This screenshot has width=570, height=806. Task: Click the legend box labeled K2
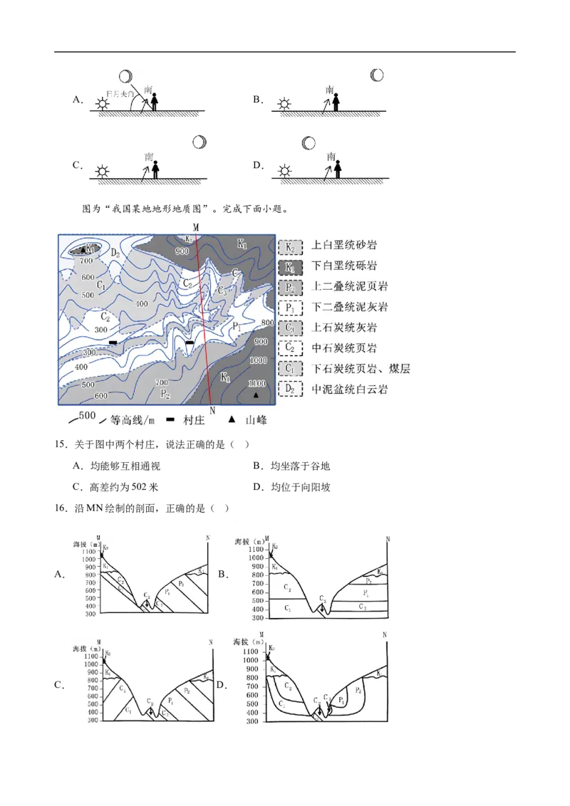coord(290,246)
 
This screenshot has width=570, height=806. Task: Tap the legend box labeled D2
coord(290,389)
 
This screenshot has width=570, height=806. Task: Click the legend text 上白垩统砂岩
coord(345,246)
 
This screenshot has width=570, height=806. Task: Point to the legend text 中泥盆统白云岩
coord(350,389)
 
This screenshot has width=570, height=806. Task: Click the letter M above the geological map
coord(196,226)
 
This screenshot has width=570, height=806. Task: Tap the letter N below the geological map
coord(212,411)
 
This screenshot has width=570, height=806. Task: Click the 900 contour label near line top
coord(182,251)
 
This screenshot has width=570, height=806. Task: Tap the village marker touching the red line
coord(190,343)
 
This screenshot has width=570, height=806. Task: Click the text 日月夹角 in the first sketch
coord(115,93)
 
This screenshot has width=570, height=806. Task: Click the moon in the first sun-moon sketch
coord(126,76)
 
